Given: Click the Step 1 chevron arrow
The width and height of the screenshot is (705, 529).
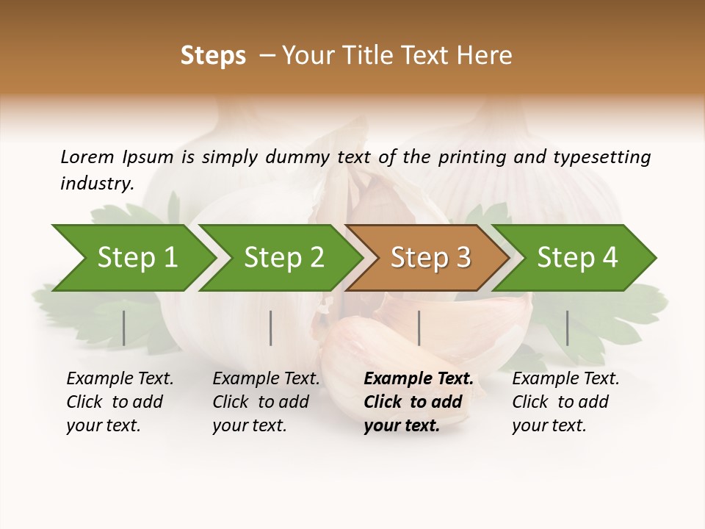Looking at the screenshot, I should pos(136,258).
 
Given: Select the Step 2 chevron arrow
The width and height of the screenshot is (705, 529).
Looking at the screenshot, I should pos(283,258).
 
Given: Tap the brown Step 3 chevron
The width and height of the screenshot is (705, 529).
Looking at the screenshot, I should pos(430,258).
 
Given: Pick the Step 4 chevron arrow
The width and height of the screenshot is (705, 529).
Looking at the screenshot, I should pos(576,258).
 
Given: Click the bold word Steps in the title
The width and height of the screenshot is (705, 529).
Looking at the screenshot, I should pos(213,56).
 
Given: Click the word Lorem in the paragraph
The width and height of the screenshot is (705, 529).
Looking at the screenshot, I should pos(87,156).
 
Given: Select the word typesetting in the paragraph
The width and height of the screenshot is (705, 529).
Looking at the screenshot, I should pos(601,156).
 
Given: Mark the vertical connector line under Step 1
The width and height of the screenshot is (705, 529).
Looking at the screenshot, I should pos(124,328).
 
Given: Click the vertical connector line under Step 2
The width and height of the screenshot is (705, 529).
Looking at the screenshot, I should pos(271,328).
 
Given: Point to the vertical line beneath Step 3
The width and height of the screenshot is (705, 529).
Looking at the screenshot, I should pos(419,328).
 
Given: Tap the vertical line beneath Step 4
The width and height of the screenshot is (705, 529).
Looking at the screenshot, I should pos(567,328).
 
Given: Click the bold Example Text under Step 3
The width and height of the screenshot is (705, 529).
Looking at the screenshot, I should pos(419,379).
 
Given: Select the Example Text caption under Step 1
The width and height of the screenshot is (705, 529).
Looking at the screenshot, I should pos(120,379).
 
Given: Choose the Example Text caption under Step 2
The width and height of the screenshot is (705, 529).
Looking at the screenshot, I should pos(266,379).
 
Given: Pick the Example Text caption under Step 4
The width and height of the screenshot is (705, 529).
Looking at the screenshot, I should pos(565,379).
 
